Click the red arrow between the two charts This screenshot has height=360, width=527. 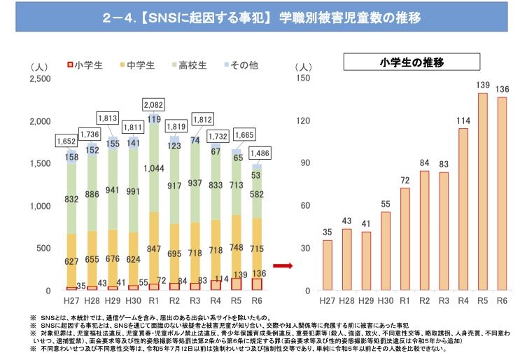tap(281, 265)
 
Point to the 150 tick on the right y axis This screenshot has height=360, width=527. tap(303, 78)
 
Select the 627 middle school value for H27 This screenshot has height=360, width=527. tap(71, 262)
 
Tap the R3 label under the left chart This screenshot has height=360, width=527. tap(196, 300)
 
